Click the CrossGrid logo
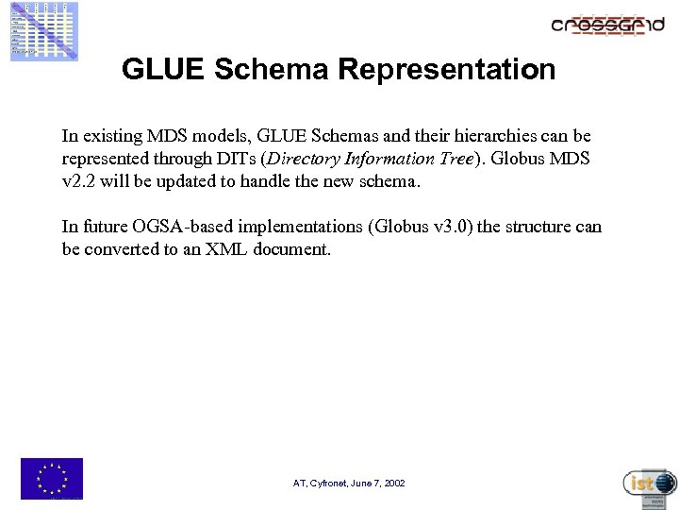pos(608,25)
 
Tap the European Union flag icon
pos(52,478)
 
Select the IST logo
pos(650,484)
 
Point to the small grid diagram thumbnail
pos(44,31)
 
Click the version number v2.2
pos(80,180)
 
